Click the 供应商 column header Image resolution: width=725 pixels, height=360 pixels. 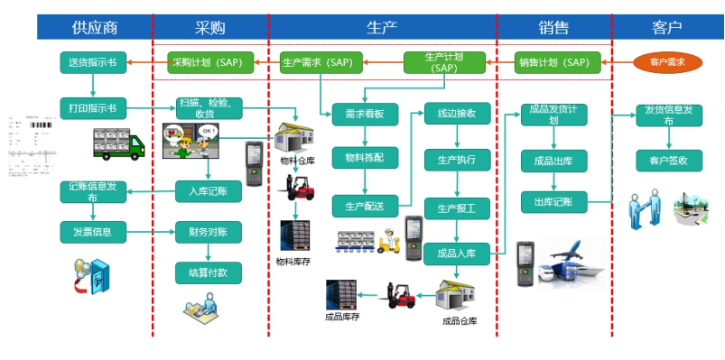click(94, 27)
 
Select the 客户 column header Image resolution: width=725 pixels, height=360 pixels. click(666, 27)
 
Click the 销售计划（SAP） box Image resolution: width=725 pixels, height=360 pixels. click(553, 62)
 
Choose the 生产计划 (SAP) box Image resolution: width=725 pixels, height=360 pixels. click(443, 62)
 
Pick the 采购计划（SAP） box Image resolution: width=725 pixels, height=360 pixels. click(208, 62)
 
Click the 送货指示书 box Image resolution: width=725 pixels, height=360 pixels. click(93, 62)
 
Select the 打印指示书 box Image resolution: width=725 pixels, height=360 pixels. click(93, 108)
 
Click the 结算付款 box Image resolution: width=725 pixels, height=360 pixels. click(209, 272)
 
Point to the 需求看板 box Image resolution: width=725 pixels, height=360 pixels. click(365, 115)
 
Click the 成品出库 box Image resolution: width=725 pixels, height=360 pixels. click(553, 161)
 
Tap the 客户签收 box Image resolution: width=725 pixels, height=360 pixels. click(668, 161)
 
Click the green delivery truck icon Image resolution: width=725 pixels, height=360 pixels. click(119, 144)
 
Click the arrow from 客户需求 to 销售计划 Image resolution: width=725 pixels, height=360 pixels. click(610, 62)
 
